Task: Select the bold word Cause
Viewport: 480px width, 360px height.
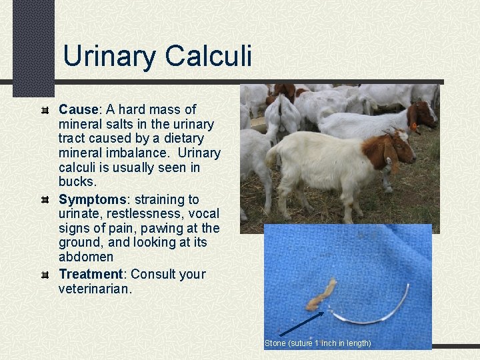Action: (78, 109)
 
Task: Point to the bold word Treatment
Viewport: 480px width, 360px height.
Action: (92, 274)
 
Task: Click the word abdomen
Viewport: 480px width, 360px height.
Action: (86, 257)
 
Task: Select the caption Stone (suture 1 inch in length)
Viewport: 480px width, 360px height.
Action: (318, 343)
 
